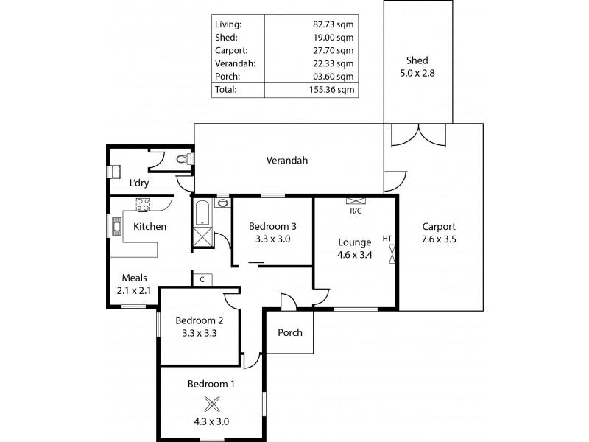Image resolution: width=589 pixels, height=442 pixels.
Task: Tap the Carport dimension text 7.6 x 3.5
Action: (x=439, y=239)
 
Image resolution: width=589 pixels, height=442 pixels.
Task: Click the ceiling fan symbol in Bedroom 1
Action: (x=212, y=404)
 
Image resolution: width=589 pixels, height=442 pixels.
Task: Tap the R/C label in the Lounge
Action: (x=355, y=211)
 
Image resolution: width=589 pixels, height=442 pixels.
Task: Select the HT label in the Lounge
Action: (x=387, y=238)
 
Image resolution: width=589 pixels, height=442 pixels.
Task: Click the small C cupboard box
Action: (x=202, y=279)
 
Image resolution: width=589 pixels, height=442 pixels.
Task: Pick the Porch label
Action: (x=289, y=332)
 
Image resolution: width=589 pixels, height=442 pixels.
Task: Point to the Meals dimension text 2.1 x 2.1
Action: (x=135, y=290)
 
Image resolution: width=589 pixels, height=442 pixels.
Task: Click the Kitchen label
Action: (x=149, y=227)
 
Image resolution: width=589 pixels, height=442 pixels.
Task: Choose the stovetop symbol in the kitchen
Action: (x=143, y=204)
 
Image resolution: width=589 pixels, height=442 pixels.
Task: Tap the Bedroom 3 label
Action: (x=272, y=226)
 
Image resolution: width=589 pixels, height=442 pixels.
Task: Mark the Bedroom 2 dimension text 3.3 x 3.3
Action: (x=199, y=333)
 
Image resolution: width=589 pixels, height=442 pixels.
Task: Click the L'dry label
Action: (x=140, y=183)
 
